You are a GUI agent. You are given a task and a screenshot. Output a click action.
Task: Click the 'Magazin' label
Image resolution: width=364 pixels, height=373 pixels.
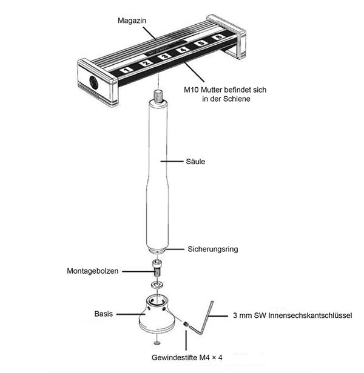pyautogui.click(x=132, y=21)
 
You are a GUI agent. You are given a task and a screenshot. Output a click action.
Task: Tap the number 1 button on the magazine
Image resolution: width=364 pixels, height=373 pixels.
pyautogui.click(x=126, y=70)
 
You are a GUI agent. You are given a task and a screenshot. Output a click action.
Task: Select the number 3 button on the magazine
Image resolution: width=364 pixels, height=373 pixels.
pyautogui.click(x=164, y=56)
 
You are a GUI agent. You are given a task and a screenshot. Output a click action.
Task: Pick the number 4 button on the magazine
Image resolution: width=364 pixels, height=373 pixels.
pyautogui.click(x=183, y=50)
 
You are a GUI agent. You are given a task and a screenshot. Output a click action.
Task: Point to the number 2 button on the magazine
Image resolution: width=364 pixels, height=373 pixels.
pyautogui.click(x=146, y=63)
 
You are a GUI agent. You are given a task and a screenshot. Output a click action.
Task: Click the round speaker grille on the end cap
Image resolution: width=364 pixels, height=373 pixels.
pyautogui.click(x=93, y=82)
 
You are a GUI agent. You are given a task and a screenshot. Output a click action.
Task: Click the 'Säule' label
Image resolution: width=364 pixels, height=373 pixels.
pyautogui.click(x=195, y=162)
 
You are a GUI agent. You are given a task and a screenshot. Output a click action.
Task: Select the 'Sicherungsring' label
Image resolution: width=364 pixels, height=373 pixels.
pyautogui.click(x=213, y=249)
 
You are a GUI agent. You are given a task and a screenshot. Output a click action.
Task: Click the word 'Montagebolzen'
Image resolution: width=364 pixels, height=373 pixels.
pyautogui.click(x=92, y=271)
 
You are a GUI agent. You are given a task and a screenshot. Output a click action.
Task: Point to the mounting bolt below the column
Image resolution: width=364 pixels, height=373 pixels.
pyautogui.click(x=157, y=268)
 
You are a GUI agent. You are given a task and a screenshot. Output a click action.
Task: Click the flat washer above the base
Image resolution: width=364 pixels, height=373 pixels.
pyautogui.click(x=157, y=284)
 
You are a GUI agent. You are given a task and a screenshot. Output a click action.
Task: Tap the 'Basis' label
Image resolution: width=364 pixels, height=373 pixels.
pyautogui.click(x=104, y=314)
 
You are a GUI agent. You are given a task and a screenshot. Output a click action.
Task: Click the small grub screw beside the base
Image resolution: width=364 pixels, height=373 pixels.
pyautogui.click(x=186, y=324)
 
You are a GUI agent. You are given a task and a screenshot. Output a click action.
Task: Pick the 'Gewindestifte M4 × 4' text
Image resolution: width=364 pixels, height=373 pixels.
pyautogui.click(x=187, y=357)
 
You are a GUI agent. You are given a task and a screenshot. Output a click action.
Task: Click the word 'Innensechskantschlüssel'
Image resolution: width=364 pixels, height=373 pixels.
pyautogui.click(x=310, y=315)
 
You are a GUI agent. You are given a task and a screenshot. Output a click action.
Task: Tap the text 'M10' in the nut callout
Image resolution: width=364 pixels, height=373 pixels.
pyautogui.click(x=191, y=90)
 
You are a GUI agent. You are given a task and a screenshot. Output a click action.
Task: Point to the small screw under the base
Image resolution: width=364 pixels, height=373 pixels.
pyautogui.click(x=157, y=343)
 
